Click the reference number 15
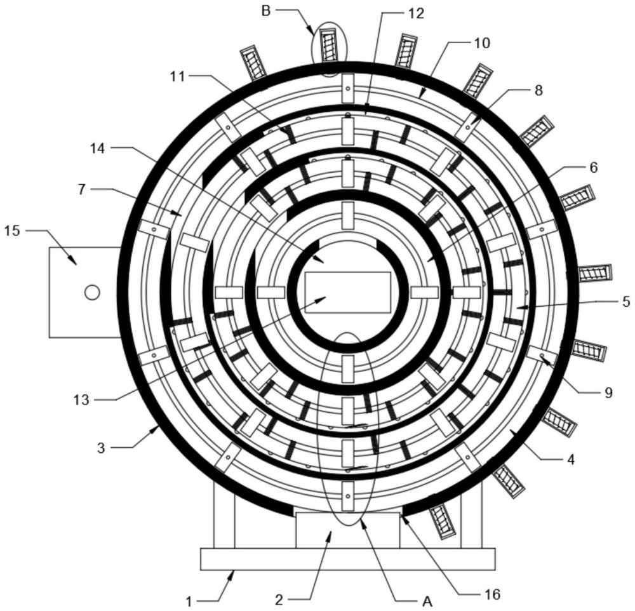pyautogui.click(x=13, y=231)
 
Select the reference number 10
pyautogui.click(x=482, y=43)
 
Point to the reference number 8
pyautogui.click(x=538, y=90)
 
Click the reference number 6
pyautogui.click(x=593, y=167)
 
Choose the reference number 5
pyautogui.click(x=625, y=302)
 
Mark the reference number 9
pyautogui.click(x=608, y=393)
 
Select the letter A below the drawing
pyautogui.click(x=427, y=601)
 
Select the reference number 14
pyautogui.click(x=98, y=148)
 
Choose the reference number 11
pyautogui.click(x=176, y=76)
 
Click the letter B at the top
pyautogui.click(x=267, y=10)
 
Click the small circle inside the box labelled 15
pyautogui.click(x=92, y=292)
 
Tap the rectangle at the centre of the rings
pyautogui.click(x=347, y=292)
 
